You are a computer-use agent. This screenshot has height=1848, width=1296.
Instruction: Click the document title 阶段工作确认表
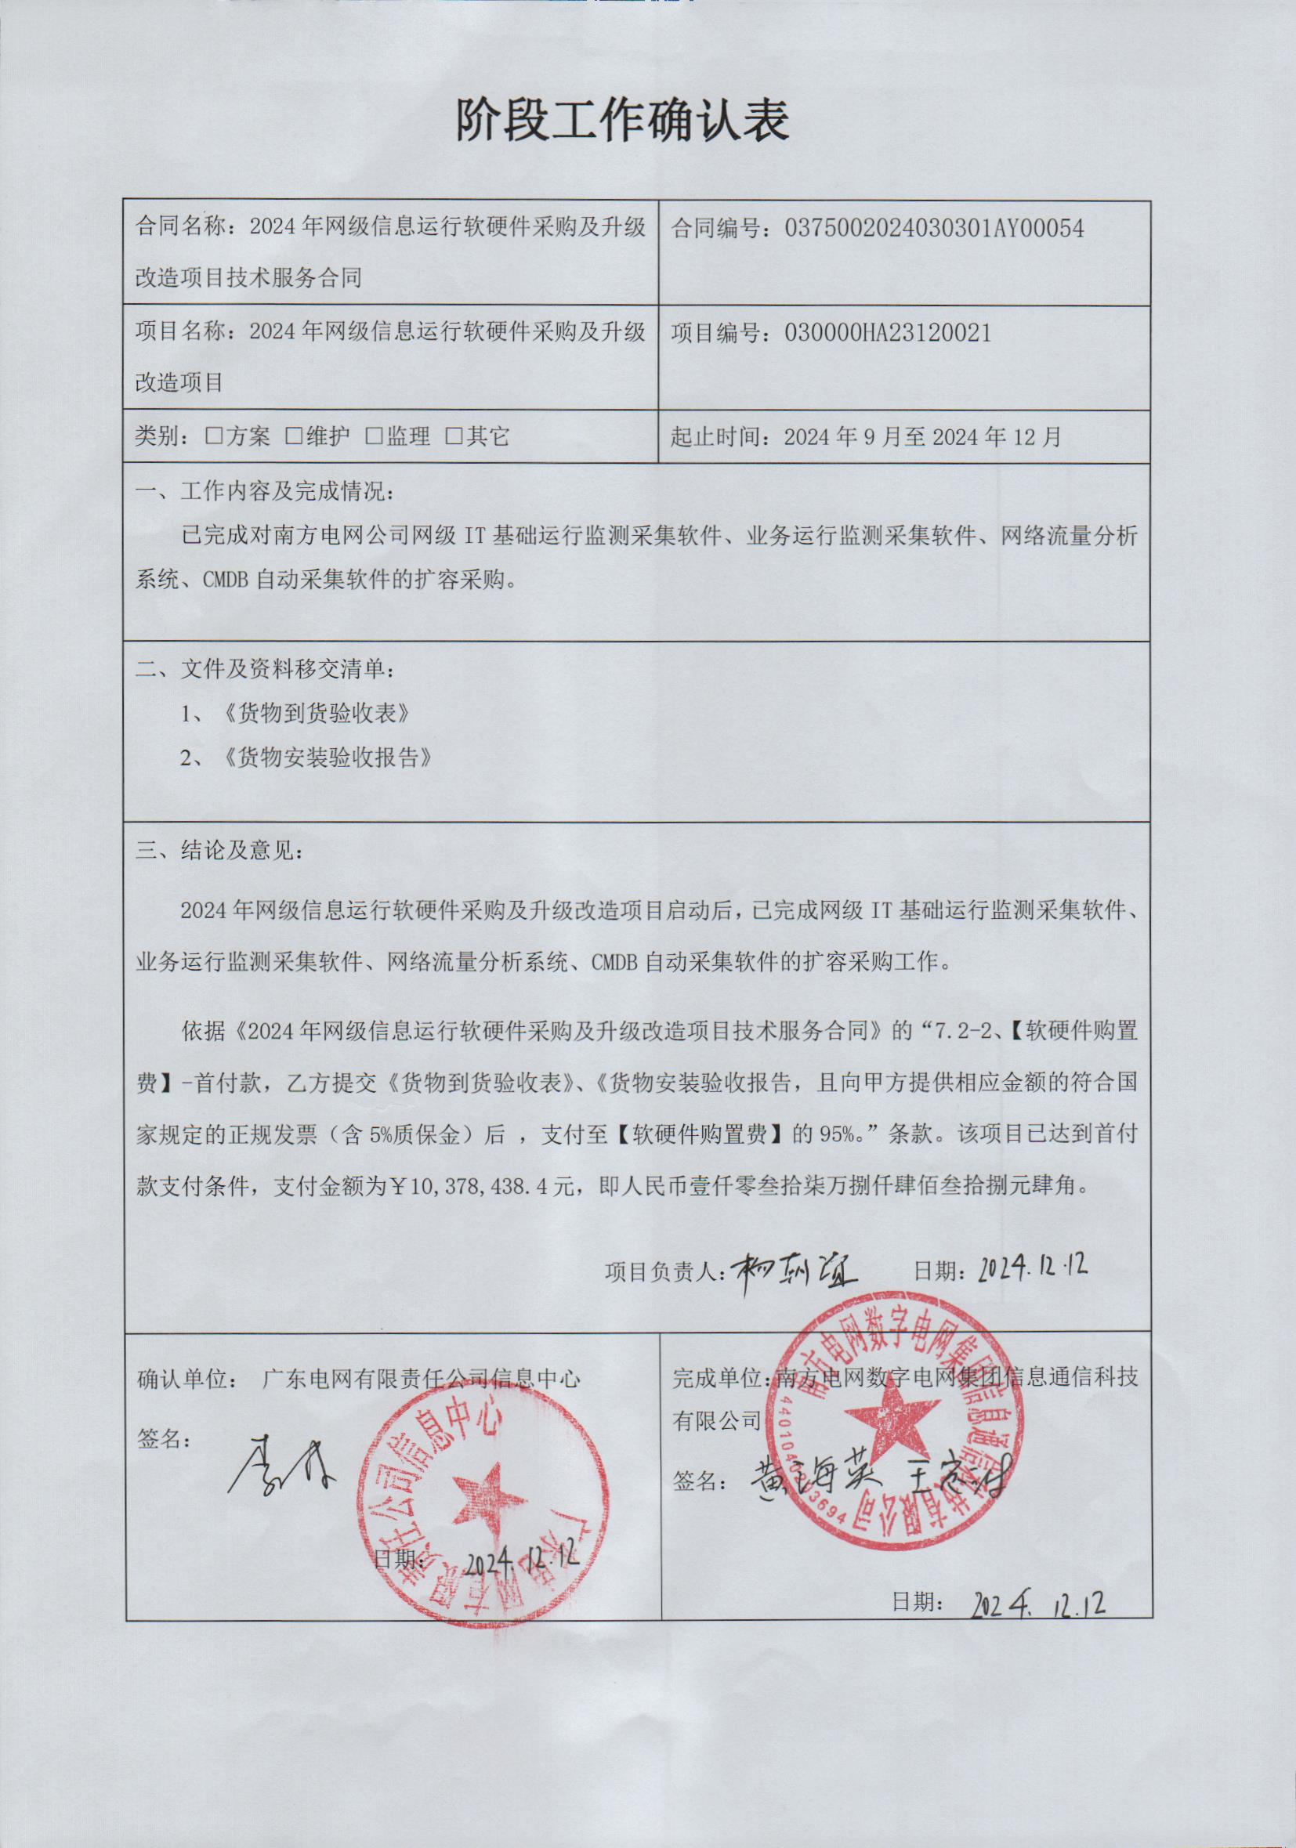pos(621,121)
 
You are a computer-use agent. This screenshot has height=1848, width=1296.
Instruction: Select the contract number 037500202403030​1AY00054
pos(934,230)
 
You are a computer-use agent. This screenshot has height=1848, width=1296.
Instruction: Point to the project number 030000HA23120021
pos(887,333)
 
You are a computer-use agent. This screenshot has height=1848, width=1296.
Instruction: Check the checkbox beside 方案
pos(213,437)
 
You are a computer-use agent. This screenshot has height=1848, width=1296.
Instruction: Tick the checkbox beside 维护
pos(294,437)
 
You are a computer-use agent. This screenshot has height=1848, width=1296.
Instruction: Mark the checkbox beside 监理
pos(374,437)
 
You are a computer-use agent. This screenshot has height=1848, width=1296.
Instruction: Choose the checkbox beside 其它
pos(454,437)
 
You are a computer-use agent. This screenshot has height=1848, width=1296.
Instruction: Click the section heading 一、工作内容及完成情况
pos(266,493)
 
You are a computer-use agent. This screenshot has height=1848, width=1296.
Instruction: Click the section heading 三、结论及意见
pos(219,851)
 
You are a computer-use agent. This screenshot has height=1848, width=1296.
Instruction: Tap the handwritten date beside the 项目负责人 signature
pos(1032,1268)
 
